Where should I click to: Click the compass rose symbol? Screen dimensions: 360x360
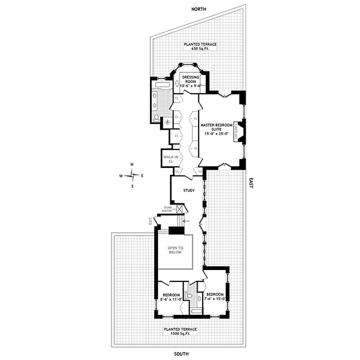click(x=131, y=175)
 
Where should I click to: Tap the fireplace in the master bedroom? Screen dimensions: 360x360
click(x=237, y=133)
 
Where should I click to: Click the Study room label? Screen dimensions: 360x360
click(x=189, y=190)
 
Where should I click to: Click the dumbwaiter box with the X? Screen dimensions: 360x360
click(x=180, y=209)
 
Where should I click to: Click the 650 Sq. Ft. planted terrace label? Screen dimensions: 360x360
click(x=200, y=47)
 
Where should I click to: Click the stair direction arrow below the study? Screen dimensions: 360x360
click(x=186, y=221)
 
